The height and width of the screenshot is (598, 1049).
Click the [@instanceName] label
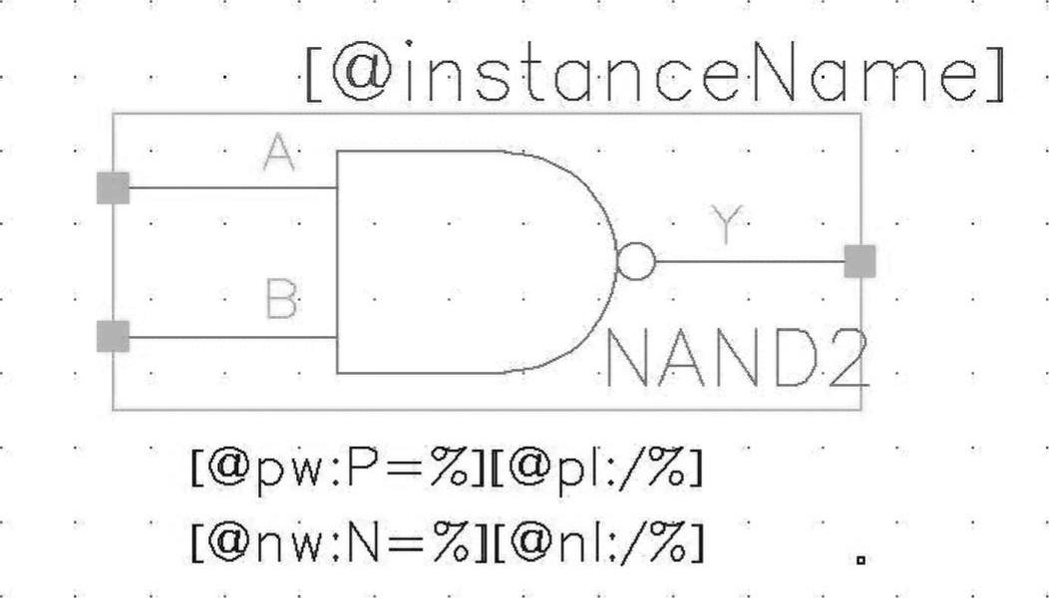[653, 78]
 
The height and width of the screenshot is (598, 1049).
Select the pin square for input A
[113, 187]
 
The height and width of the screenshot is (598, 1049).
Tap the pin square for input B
[113, 337]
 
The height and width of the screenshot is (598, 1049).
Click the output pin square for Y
[860, 262]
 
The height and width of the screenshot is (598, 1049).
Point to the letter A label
[280, 153]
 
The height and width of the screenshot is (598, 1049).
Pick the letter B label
[282, 299]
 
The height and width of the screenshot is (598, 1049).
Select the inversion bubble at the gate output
[637, 262]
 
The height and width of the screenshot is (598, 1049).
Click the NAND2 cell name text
[736, 359]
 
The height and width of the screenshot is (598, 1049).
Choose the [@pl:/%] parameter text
[595, 468]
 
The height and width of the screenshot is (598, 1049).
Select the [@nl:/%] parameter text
[595, 541]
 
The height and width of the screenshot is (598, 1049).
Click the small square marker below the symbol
[861, 560]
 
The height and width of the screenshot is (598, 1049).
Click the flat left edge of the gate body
[337, 262]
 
